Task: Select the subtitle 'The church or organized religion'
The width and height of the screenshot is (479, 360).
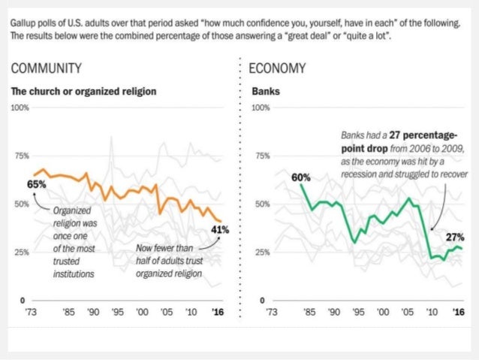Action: click(83, 92)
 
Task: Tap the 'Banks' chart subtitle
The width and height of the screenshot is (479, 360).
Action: click(263, 92)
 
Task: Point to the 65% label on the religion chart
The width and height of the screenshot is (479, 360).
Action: click(36, 183)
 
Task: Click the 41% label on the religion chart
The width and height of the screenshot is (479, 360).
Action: click(219, 229)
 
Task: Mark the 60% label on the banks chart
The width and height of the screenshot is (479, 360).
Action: click(302, 177)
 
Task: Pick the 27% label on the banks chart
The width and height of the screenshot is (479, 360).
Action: click(455, 237)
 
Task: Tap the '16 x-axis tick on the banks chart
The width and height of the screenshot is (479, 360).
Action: click(456, 311)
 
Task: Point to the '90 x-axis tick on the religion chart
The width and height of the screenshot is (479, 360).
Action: click(92, 311)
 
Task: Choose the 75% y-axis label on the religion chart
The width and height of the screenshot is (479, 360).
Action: click(21, 156)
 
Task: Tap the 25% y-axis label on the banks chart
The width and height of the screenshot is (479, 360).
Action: click(261, 253)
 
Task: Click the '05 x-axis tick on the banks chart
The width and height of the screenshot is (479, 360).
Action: click(408, 311)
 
